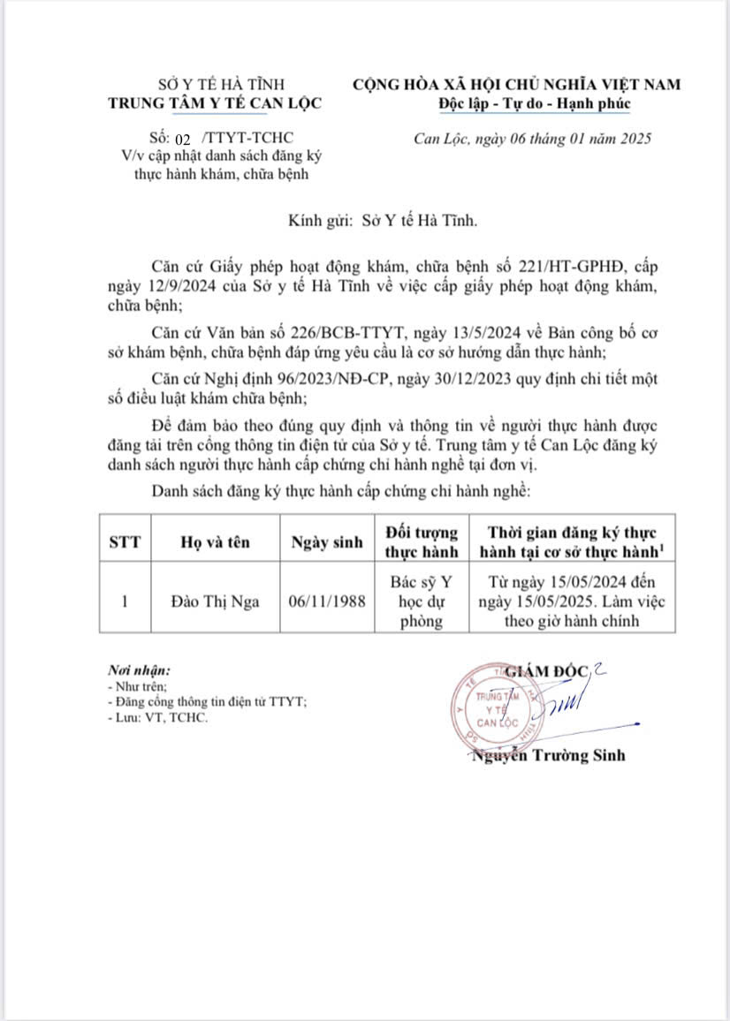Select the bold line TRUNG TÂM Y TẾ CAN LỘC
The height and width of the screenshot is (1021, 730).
tap(227, 102)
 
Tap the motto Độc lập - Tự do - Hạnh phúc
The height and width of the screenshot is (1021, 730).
tap(535, 103)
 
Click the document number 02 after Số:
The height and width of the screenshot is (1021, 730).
tap(184, 140)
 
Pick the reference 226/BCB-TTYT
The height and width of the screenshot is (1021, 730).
tap(346, 332)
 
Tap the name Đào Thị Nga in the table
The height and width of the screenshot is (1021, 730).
tap(215, 602)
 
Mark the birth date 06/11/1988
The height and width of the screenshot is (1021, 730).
tap(327, 602)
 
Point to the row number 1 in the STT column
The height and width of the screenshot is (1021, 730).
tap(125, 602)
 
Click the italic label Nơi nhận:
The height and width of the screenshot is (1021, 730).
tap(140, 670)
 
